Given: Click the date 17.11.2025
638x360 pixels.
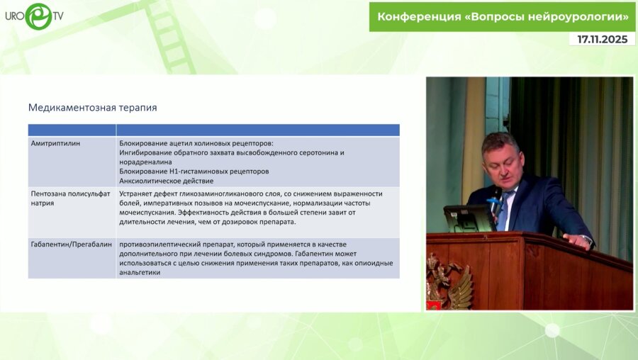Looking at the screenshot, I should (x=602, y=40).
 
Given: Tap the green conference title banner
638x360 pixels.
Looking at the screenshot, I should (x=502, y=16).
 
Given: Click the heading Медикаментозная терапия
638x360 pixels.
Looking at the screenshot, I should (x=92, y=108).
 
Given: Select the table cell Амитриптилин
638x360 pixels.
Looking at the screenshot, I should (x=56, y=142).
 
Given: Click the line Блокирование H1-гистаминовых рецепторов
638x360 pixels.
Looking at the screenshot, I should (x=194, y=171).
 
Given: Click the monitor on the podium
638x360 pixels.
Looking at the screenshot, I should (x=468, y=218).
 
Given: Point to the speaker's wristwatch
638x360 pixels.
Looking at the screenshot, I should (x=586, y=240).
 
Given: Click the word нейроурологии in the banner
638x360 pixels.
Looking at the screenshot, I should (x=578, y=16).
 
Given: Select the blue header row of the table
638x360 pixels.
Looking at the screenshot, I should (x=213, y=130).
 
